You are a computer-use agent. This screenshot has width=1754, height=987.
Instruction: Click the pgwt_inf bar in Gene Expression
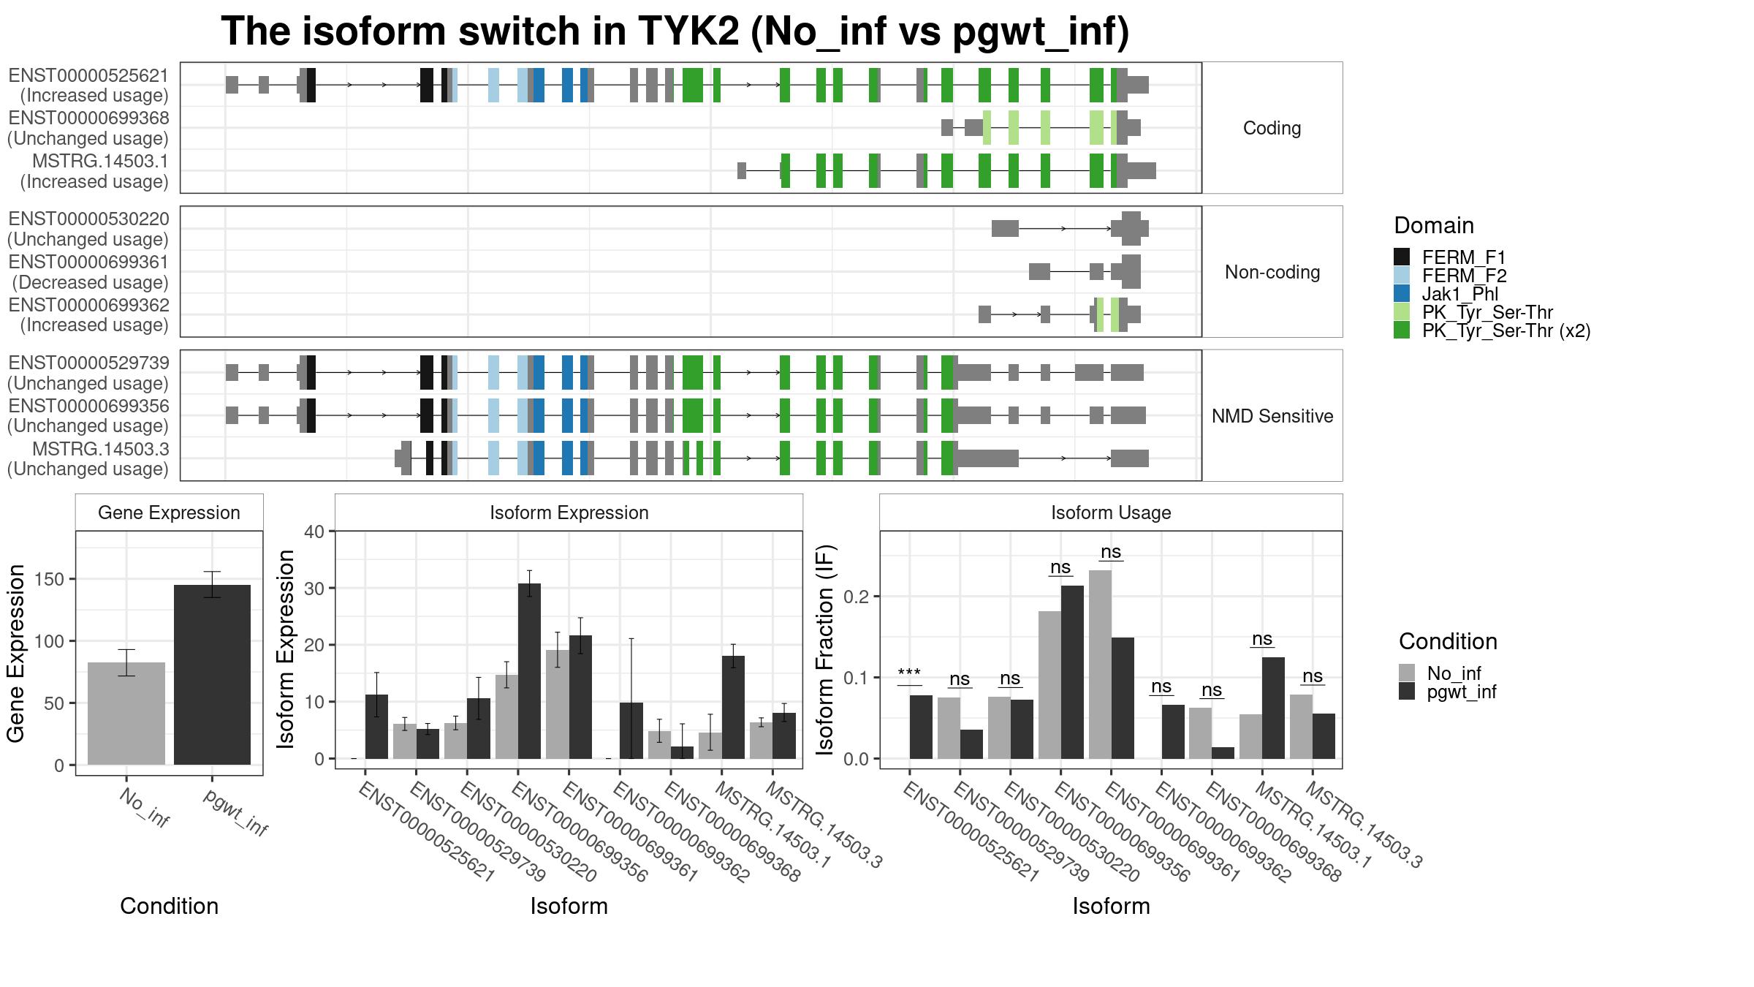click(x=212, y=675)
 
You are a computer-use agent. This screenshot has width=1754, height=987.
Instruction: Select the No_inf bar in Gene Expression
click(x=126, y=714)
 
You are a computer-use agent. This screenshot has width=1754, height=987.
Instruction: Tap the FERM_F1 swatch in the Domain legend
click(x=1402, y=257)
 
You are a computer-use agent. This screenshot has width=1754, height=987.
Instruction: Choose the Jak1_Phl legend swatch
click(x=1402, y=293)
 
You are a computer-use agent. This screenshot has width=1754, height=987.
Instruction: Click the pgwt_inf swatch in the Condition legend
click(x=1407, y=692)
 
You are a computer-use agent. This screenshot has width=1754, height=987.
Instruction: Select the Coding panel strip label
click(x=1272, y=128)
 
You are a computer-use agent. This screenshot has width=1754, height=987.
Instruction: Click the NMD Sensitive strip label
click(x=1272, y=416)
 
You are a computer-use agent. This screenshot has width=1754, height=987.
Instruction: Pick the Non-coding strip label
click(x=1272, y=272)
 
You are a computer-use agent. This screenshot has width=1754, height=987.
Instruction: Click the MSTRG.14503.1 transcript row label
click(x=101, y=161)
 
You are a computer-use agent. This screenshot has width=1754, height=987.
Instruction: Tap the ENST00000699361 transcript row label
click(x=88, y=262)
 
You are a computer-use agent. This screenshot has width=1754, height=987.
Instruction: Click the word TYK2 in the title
click(x=688, y=31)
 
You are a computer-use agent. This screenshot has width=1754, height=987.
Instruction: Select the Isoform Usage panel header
click(x=1111, y=513)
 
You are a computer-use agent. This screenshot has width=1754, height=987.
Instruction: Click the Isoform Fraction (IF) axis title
click(x=825, y=649)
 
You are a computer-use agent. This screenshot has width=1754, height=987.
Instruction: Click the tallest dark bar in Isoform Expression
click(x=530, y=671)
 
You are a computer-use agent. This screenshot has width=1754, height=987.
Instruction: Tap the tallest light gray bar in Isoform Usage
click(x=1100, y=665)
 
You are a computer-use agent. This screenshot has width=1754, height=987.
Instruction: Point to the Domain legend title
click(x=1434, y=225)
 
